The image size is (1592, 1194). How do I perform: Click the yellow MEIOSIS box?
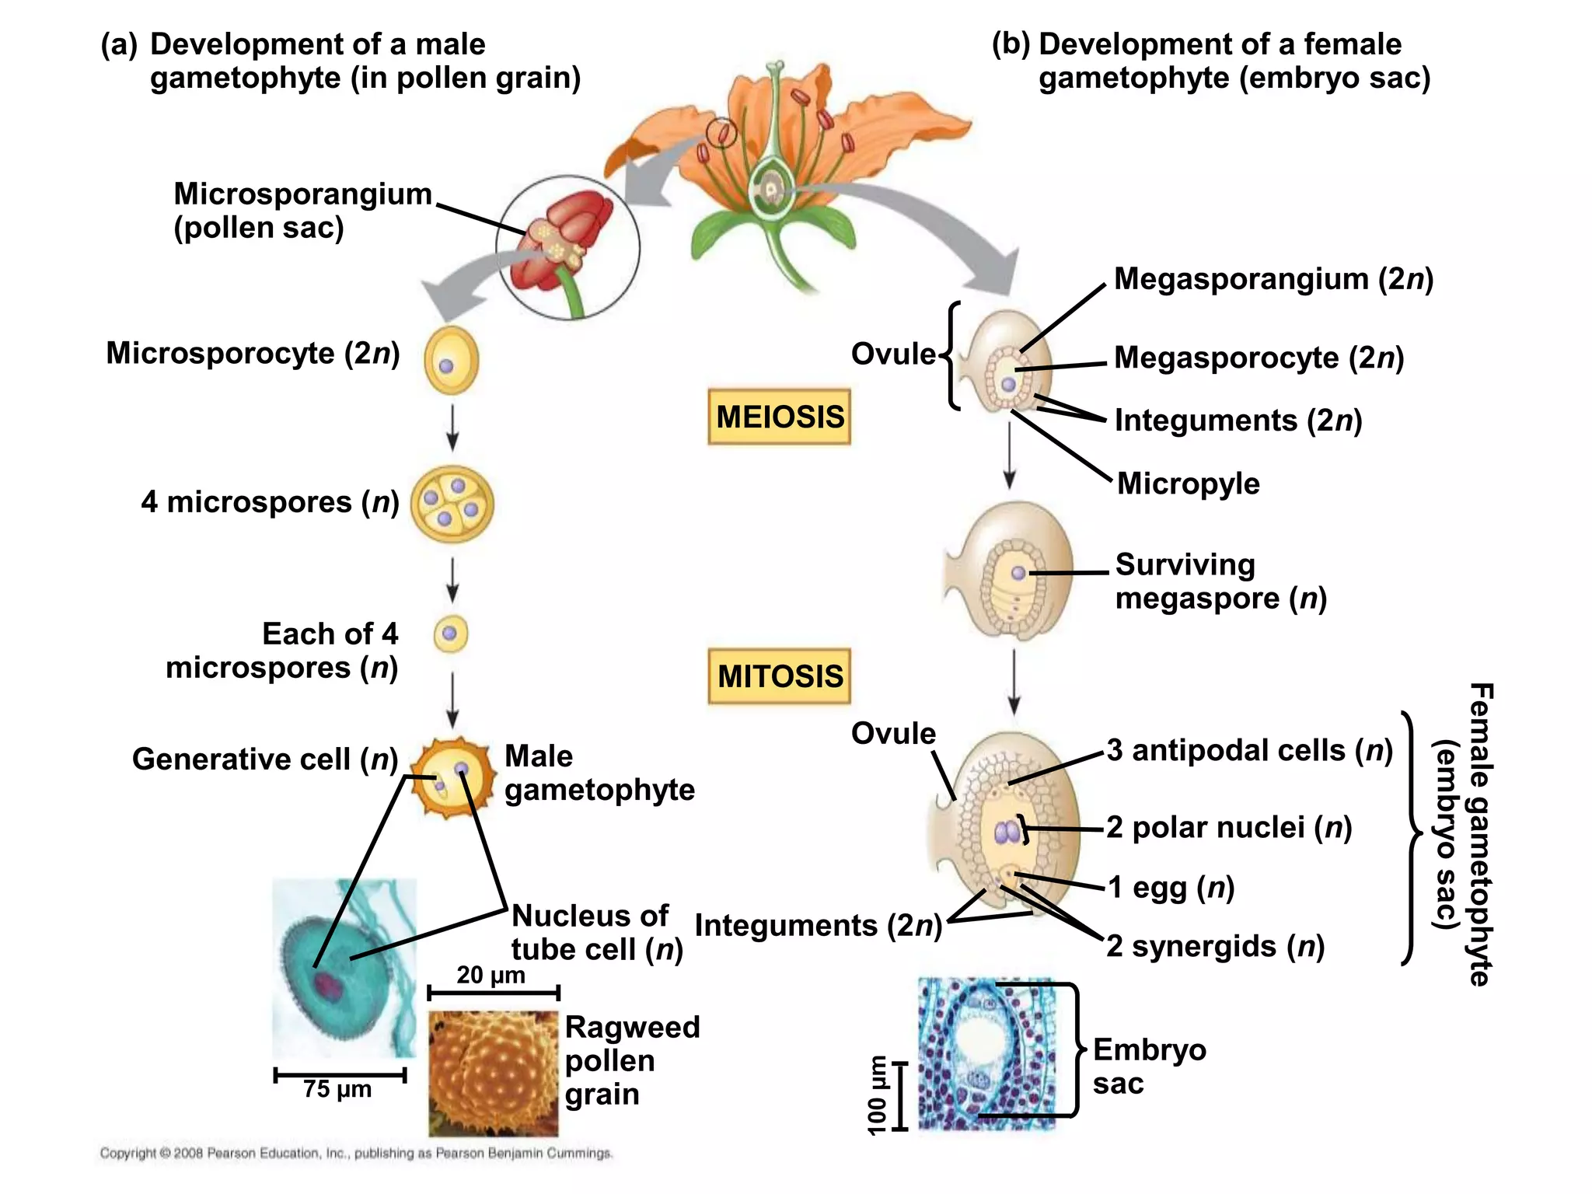(x=779, y=417)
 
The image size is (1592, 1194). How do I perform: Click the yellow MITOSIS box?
(x=779, y=676)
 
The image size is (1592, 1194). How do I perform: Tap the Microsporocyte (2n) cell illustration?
(x=451, y=361)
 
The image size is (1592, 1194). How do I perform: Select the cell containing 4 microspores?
(x=452, y=504)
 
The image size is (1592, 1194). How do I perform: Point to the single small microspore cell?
(x=450, y=634)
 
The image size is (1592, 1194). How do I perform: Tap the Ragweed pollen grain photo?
(x=493, y=1073)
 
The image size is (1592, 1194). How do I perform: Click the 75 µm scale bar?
(x=340, y=1076)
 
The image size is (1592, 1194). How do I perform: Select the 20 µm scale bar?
(x=493, y=993)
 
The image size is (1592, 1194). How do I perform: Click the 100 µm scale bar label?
(x=877, y=1094)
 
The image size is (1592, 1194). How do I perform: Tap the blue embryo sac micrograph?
(x=987, y=1053)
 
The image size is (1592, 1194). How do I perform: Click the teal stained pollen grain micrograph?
(x=344, y=968)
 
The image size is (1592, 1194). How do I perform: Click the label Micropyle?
(x=1188, y=484)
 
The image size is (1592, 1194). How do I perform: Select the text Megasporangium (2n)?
(x=1273, y=279)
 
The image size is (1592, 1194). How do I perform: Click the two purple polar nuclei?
(x=1007, y=833)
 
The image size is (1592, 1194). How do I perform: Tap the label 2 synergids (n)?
(x=1215, y=947)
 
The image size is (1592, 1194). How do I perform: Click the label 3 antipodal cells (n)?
(x=1249, y=751)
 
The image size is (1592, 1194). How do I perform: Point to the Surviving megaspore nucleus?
(x=1018, y=574)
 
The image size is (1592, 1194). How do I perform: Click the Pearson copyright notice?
(x=356, y=1154)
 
